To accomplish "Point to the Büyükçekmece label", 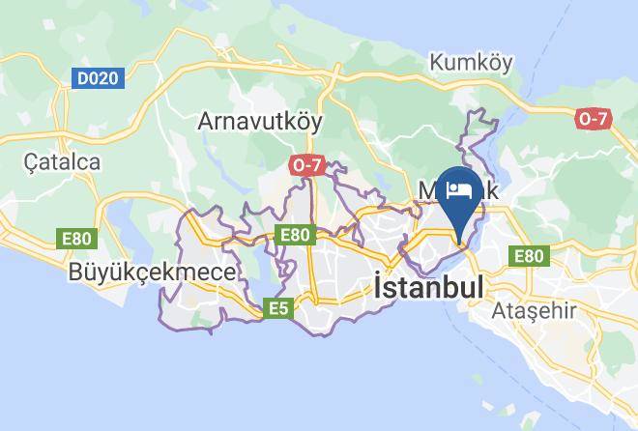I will click(152, 273).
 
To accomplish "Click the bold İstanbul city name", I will click(428, 287).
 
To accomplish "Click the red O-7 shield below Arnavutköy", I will click(305, 165).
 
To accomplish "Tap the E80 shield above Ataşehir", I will click(528, 256).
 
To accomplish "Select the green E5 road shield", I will click(279, 308).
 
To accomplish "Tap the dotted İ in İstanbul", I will click(379, 287).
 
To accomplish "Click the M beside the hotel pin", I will click(428, 190).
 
